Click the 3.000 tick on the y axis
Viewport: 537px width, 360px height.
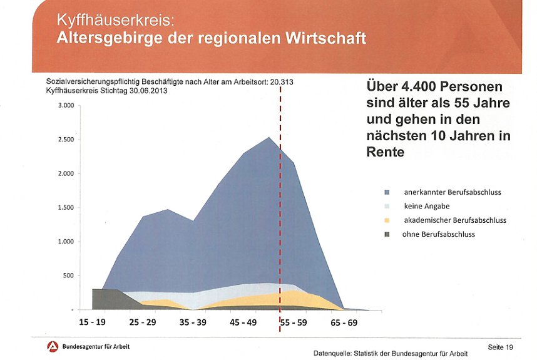click(x=66, y=106)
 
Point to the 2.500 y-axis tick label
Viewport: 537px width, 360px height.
click(x=66, y=140)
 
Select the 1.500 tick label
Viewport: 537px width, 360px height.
click(x=66, y=208)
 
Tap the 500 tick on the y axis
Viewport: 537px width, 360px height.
click(x=68, y=275)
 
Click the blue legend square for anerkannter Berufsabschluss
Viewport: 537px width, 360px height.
click(x=387, y=192)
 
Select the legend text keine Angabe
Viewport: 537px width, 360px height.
click(x=427, y=206)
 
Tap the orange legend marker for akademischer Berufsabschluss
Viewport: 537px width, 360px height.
click(x=387, y=220)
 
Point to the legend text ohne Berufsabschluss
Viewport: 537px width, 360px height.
click(x=438, y=234)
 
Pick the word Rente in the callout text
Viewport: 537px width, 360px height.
click(x=385, y=152)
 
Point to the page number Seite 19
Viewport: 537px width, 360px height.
click(x=500, y=347)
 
